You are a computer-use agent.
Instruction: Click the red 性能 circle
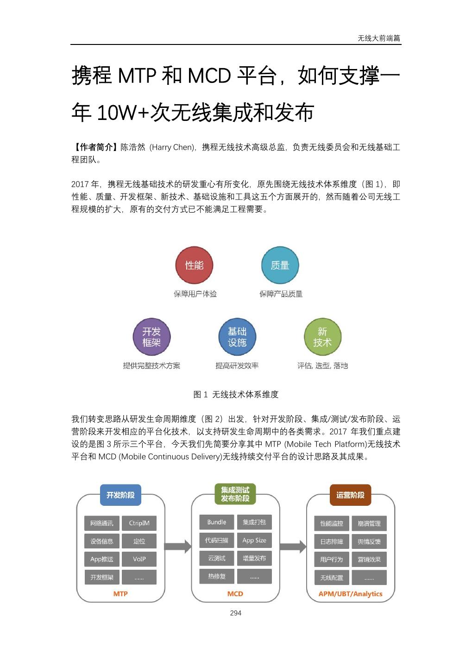(x=194, y=265)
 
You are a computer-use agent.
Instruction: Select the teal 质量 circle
(x=280, y=265)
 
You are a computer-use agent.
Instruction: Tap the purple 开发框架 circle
(x=151, y=337)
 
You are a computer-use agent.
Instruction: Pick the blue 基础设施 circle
(x=237, y=337)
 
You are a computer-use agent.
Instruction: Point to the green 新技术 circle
(x=322, y=337)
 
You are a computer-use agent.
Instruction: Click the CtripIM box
(x=139, y=523)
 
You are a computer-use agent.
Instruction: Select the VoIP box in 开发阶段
(x=139, y=559)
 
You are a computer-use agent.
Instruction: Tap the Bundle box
(x=217, y=522)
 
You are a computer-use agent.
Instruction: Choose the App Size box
(x=254, y=540)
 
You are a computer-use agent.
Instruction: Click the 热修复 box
(x=217, y=576)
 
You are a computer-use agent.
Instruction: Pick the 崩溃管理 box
(x=369, y=523)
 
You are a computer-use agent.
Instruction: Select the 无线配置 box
(x=332, y=578)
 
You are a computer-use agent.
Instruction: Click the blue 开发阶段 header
(x=120, y=495)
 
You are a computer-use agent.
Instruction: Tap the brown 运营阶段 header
(x=350, y=495)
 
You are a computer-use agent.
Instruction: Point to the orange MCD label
(x=235, y=594)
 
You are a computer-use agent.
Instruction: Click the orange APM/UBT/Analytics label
(x=351, y=594)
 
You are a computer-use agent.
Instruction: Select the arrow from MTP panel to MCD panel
(x=178, y=547)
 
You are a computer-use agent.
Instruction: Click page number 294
(x=236, y=613)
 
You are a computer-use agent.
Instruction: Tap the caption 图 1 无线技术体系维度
(x=236, y=395)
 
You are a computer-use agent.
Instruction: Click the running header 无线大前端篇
(x=378, y=38)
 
